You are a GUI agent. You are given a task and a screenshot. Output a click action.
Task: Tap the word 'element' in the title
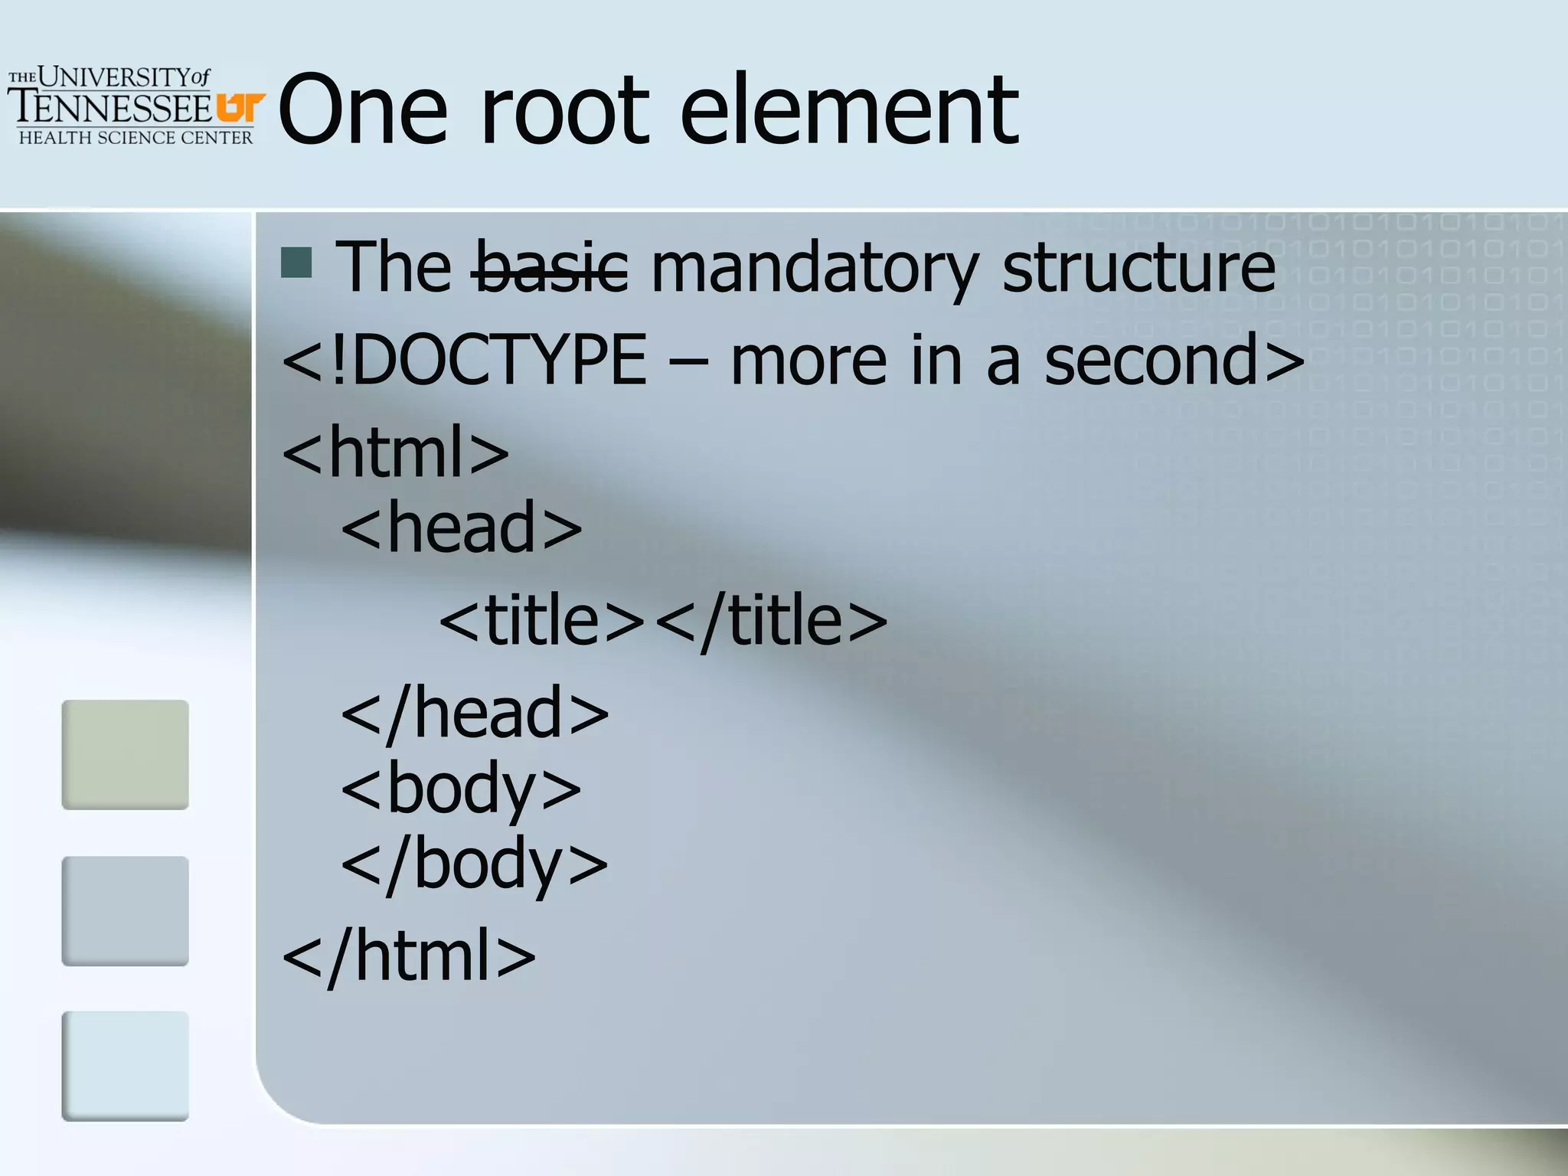tap(850, 111)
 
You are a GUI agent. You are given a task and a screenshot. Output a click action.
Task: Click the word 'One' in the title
tap(363, 111)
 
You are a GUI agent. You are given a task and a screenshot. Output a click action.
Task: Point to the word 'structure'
tap(1138, 267)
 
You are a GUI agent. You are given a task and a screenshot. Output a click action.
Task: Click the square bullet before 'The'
tap(296, 263)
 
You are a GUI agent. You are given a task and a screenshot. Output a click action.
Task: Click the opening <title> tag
tap(543, 621)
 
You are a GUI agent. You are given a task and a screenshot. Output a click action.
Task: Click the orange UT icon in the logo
tap(240, 107)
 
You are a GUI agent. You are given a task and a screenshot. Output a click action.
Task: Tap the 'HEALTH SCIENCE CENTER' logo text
tap(136, 138)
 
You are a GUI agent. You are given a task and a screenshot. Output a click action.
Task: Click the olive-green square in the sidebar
tap(125, 754)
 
